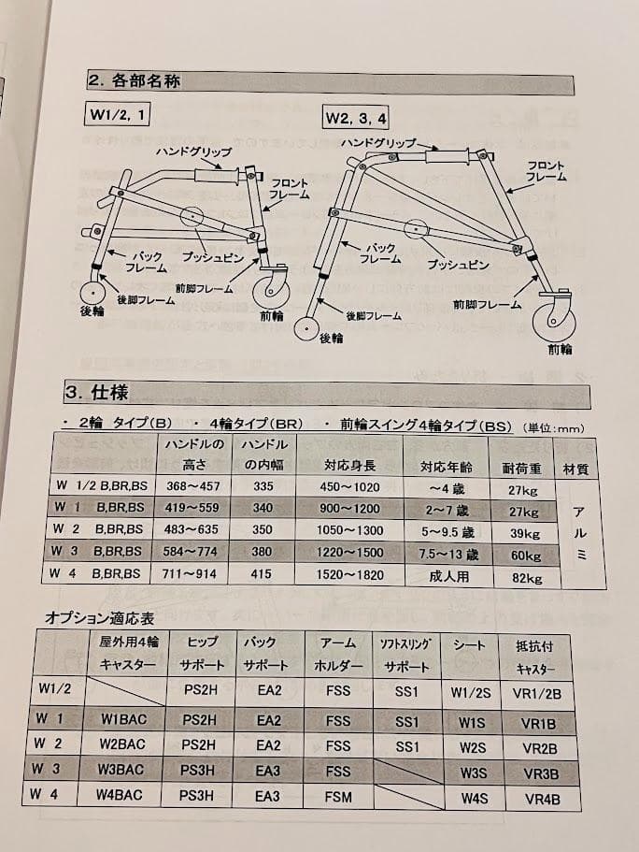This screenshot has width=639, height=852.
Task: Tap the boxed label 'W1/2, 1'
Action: coord(119,116)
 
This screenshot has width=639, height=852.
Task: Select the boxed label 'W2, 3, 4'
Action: coord(356,118)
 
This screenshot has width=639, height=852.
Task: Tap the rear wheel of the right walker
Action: coord(306,329)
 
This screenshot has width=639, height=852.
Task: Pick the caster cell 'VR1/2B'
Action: coord(542,693)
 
